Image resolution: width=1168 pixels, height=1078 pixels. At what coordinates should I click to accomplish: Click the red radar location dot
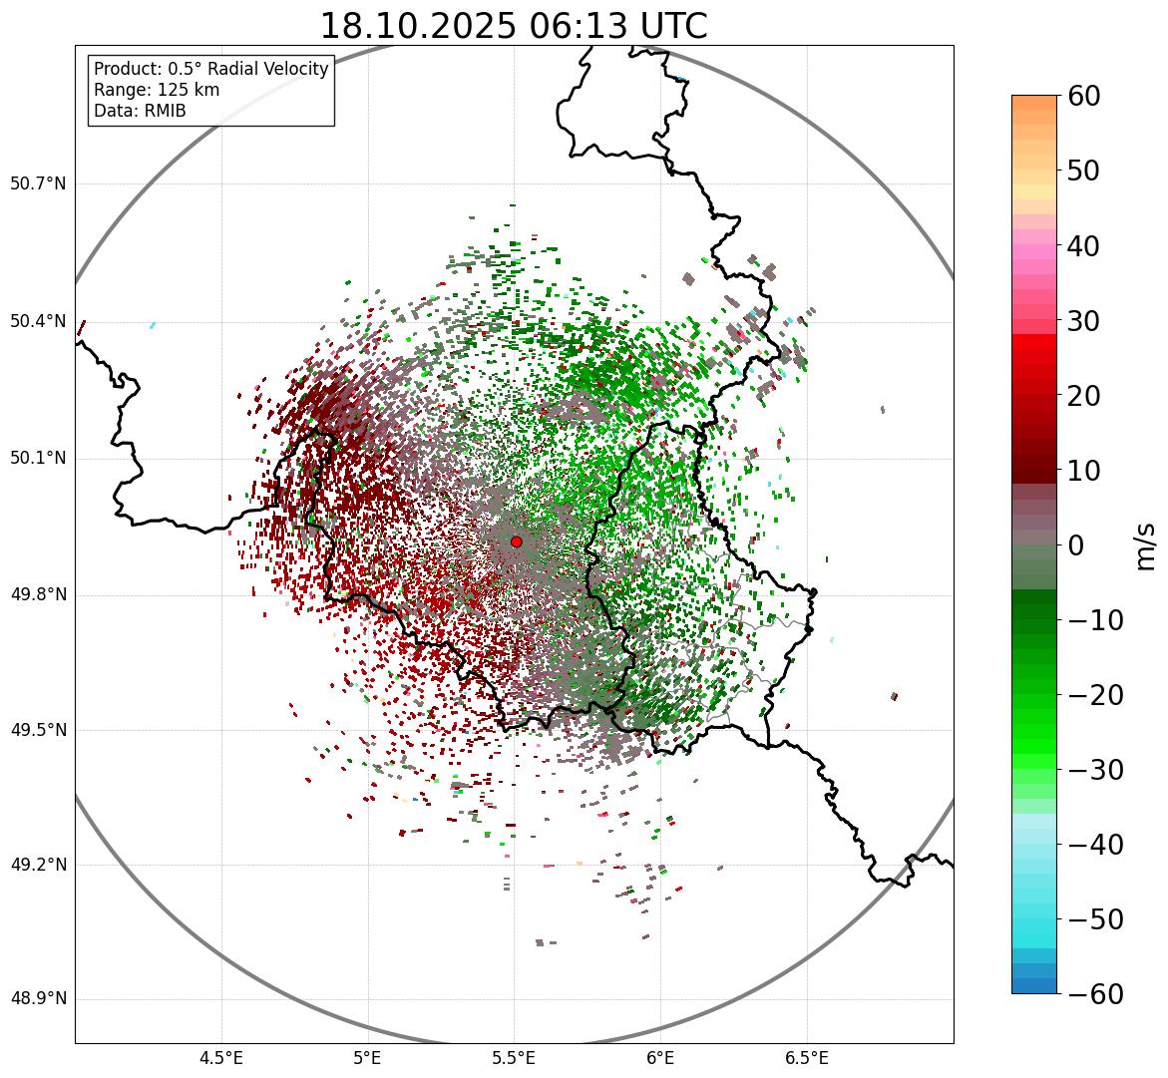[x=516, y=541]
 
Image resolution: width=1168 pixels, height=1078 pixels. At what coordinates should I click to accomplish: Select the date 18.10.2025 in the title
[x=418, y=26]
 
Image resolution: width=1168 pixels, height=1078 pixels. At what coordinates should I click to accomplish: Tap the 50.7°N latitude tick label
[x=38, y=184]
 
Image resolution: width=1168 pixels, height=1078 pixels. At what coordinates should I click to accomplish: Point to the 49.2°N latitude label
[x=38, y=865]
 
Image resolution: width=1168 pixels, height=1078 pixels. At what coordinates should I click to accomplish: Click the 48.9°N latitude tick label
[x=38, y=999]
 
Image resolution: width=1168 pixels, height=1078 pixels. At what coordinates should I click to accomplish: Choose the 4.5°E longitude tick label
[x=221, y=1058]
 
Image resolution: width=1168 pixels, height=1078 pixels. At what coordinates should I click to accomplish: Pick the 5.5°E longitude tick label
[x=514, y=1058]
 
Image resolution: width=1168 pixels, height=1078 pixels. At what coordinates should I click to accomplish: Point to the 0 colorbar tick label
[x=1076, y=545]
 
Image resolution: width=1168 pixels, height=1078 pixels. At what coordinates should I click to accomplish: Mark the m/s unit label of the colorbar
[x=1146, y=545]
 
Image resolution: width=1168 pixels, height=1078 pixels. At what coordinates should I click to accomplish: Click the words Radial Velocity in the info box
[x=269, y=69]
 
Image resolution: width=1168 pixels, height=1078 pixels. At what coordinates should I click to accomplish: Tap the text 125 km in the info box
[x=187, y=90]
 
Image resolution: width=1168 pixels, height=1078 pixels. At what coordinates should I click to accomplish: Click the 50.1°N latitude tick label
[x=38, y=459]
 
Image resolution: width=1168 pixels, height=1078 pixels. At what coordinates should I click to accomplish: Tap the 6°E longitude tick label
[x=659, y=1058]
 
